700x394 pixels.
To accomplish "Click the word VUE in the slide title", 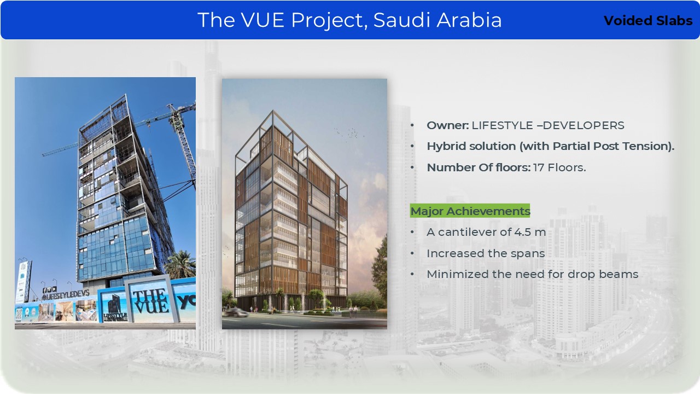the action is [x=262, y=20].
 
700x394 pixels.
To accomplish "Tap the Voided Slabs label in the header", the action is [x=648, y=21].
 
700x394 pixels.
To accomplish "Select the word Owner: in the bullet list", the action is [x=447, y=125].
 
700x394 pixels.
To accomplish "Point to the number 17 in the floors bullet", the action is [x=539, y=167].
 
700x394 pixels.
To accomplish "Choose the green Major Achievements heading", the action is [x=470, y=211].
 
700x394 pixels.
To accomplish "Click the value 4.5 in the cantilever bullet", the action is [x=522, y=232].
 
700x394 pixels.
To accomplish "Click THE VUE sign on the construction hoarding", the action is [x=150, y=301].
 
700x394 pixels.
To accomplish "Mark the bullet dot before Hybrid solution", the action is [x=412, y=146].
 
